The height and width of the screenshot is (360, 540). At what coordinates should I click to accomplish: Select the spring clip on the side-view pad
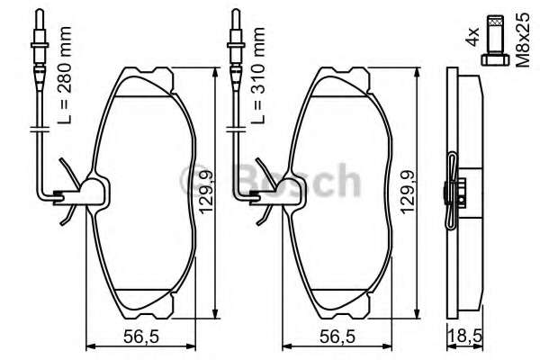454,193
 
